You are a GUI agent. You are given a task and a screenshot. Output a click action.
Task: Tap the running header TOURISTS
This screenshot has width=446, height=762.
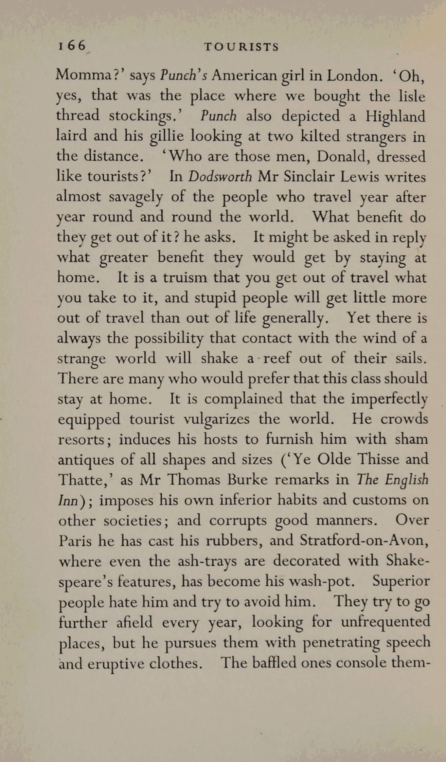click(241, 47)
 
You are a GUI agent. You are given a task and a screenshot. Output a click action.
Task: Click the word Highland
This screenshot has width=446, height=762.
click(396, 116)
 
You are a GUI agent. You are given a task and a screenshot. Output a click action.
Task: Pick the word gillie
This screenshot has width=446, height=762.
click(166, 137)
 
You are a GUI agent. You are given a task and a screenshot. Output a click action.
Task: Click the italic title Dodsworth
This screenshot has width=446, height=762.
click(220, 177)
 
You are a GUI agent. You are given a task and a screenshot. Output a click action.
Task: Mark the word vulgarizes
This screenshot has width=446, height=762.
click(216, 419)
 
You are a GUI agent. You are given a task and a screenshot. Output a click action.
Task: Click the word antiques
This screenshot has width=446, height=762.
click(84, 460)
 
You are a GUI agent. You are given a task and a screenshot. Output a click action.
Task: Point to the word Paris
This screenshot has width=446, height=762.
click(75, 541)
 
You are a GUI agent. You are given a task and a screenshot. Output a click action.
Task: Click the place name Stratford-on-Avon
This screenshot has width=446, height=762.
click(364, 540)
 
